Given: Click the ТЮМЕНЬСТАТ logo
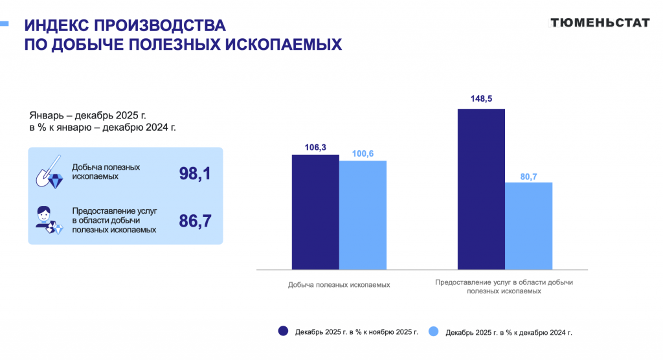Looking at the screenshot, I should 600,23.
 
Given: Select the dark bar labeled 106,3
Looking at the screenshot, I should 315,212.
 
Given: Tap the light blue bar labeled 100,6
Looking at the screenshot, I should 363,214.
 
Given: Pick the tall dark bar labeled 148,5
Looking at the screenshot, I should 481,188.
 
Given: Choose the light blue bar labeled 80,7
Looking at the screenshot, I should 529,225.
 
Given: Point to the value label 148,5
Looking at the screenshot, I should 481,99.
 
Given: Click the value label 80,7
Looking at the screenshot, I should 529,176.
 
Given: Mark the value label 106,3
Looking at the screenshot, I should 315,148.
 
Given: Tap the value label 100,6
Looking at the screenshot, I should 363,153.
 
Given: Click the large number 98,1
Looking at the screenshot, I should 195,173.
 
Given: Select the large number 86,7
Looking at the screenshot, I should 195,221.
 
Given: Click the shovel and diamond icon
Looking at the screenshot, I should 50,172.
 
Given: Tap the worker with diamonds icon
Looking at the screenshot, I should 49,220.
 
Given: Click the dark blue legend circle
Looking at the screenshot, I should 283,331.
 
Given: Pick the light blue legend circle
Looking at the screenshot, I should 434,331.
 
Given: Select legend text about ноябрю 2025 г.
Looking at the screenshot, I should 357,332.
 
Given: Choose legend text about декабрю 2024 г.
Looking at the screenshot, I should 509,332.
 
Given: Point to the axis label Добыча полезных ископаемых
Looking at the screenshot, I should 339,285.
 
